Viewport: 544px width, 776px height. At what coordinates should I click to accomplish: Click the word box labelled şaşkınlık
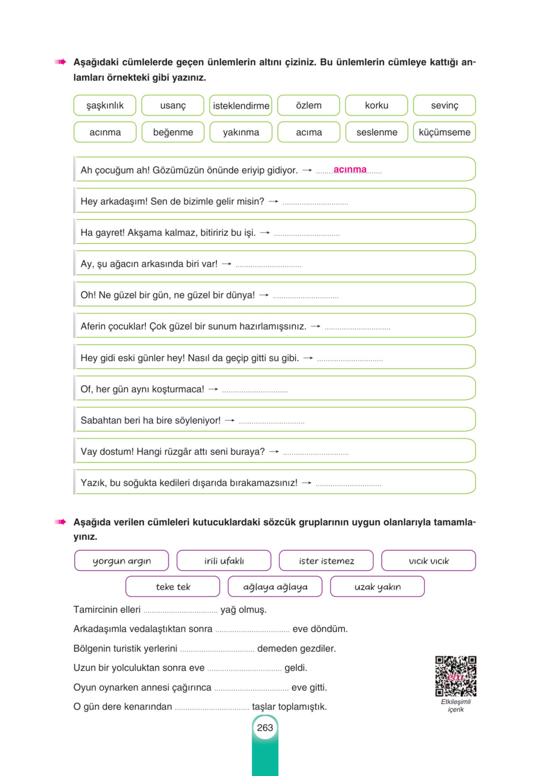tap(105, 105)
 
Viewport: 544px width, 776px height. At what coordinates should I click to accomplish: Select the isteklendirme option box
tap(241, 105)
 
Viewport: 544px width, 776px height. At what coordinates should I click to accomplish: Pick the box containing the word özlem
tap(309, 105)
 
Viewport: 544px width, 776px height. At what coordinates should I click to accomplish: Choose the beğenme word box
tap(173, 132)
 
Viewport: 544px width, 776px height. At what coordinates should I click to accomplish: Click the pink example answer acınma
tap(350, 169)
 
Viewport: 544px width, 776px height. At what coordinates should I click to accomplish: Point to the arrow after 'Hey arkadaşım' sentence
tap(273, 202)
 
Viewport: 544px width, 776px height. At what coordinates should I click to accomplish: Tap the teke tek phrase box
tap(173, 587)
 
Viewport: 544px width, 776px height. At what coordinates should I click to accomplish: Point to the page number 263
tap(265, 728)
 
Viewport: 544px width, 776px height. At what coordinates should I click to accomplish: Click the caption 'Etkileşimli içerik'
tap(455, 705)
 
